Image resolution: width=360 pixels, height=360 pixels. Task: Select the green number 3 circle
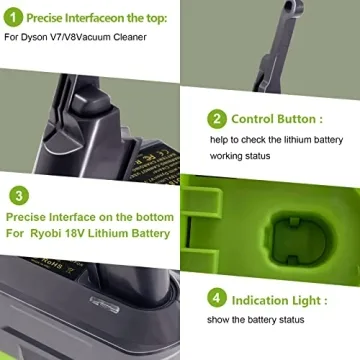point(18,196)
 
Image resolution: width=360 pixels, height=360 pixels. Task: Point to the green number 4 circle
point(216,299)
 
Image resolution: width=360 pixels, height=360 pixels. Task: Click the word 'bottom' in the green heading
point(151,217)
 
